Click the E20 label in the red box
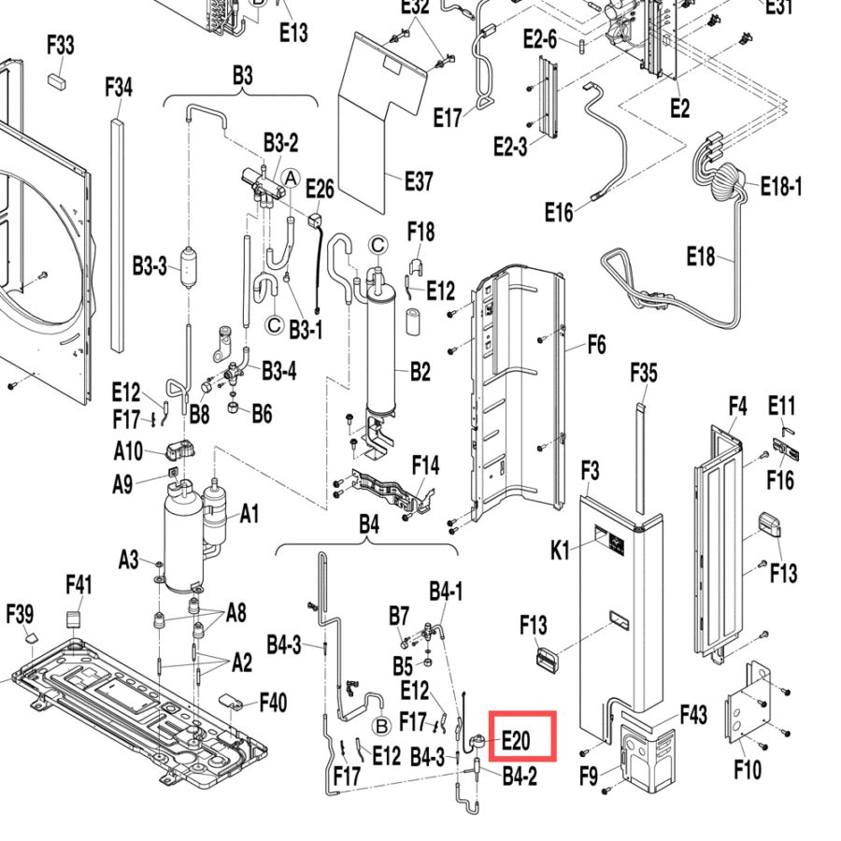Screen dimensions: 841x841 point(516,741)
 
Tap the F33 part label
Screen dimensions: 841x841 point(61,45)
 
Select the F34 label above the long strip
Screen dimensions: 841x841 point(119,87)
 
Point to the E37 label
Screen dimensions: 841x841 point(419,181)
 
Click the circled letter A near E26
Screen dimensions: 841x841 point(291,178)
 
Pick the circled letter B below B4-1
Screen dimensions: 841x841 point(382,727)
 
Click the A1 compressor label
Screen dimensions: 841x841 point(249,514)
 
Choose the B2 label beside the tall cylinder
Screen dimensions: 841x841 point(420,371)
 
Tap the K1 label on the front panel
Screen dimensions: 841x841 point(560,550)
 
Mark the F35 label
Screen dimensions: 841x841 point(644,373)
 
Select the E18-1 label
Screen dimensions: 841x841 point(781,187)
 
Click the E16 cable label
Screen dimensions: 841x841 point(559,212)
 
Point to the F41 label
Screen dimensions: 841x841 point(78,585)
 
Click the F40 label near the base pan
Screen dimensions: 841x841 point(274,702)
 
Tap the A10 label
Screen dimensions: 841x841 point(128,451)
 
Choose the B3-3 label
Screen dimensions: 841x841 point(150,265)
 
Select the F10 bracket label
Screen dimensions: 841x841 point(748,770)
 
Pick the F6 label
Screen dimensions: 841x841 point(597,344)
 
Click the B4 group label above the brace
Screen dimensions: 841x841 point(369,524)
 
